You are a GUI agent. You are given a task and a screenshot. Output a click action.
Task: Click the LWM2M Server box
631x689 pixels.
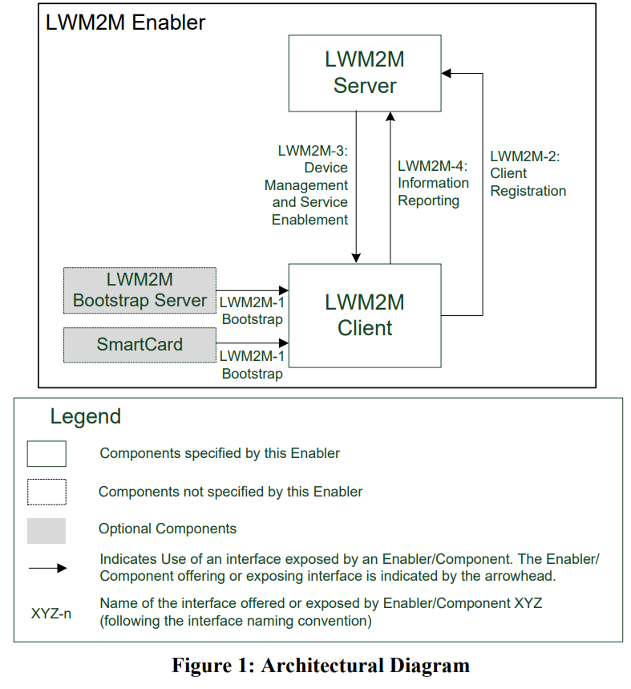(x=364, y=73)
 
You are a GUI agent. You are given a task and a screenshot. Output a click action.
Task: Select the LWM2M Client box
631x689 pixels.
(x=364, y=314)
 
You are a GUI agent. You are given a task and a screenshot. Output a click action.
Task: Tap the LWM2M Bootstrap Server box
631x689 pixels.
(x=140, y=290)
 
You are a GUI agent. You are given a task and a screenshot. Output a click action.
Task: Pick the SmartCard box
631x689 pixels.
(x=140, y=345)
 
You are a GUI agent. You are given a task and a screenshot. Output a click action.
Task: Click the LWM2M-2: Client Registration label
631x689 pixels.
(x=528, y=174)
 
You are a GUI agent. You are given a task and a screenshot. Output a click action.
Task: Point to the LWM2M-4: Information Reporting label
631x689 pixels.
(x=433, y=183)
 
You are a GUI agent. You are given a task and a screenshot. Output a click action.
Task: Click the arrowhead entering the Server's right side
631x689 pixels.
(x=447, y=74)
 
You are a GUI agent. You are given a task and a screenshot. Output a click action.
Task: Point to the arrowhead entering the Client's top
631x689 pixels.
(x=355, y=258)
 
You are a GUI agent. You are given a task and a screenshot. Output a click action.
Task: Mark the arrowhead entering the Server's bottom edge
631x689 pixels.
(x=390, y=116)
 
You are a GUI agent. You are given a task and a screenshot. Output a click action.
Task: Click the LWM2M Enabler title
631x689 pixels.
(x=125, y=22)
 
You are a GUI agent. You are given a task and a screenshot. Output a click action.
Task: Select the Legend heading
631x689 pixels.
(x=85, y=417)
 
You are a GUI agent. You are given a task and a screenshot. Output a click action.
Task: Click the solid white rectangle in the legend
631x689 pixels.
(x=47, y=453)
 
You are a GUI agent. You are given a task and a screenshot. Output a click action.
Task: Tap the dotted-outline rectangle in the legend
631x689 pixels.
(x=47, y=492)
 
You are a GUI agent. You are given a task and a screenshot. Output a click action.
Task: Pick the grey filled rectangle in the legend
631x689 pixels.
(x=47, y=530)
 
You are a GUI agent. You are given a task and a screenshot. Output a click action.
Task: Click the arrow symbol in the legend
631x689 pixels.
(x=47, y=569)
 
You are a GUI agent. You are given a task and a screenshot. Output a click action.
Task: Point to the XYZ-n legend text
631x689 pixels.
(x=51, y=614)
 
